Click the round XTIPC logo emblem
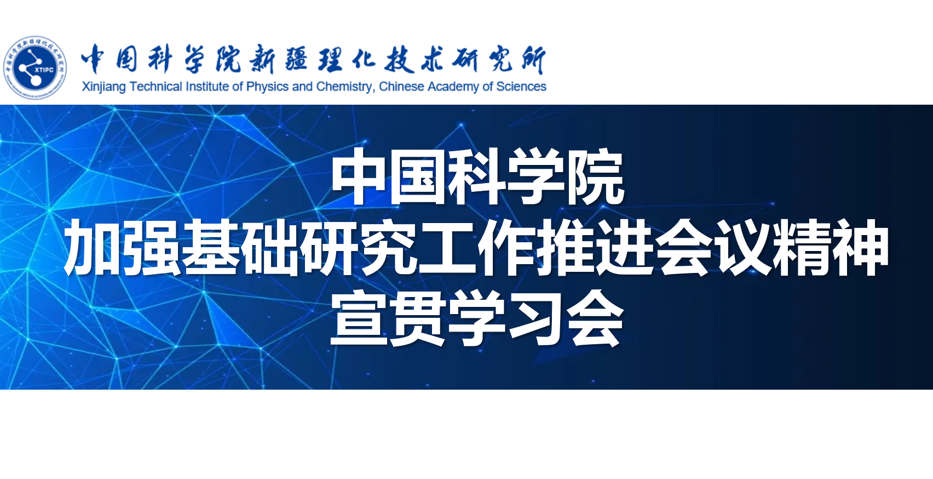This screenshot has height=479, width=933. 35,67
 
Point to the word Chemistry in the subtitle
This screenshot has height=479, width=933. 345,87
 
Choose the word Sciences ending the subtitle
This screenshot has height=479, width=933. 521,87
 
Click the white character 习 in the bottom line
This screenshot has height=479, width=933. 536,318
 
